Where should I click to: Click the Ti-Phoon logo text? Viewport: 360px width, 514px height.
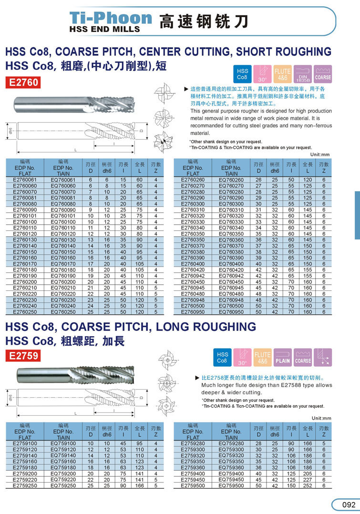tap(111, 18)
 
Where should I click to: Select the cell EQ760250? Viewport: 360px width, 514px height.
tap(63, 311)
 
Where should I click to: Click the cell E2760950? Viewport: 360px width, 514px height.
tap(193, 311)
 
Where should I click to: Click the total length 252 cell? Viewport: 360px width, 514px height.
tap(308, 485)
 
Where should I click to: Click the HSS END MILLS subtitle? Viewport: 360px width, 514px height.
tap(104, 29)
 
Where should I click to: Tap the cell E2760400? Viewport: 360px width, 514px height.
tap(193, 264)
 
